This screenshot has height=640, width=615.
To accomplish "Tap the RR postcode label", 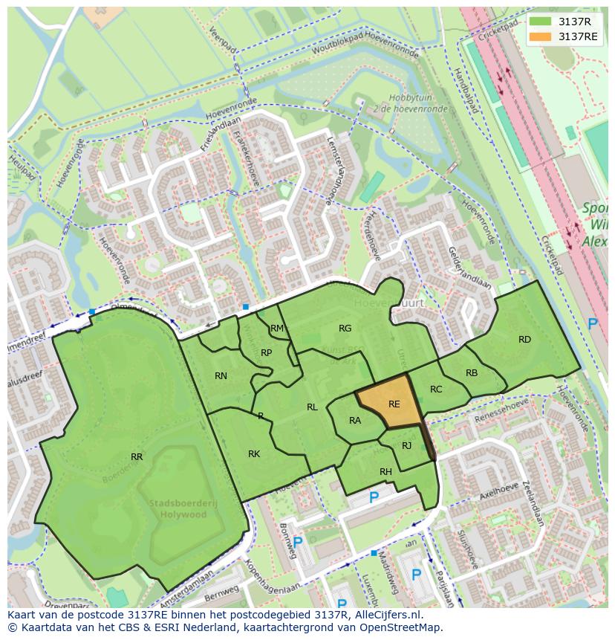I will (x=137, y=457).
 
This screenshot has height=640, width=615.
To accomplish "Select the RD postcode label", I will (x=524, y=340).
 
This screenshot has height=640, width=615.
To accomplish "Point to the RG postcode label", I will (x=345, y=328).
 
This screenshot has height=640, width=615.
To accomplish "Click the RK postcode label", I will (x=254, y=453).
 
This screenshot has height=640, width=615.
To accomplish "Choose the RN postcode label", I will (x=221, y=376).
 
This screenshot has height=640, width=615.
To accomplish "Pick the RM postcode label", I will (x=277, y=329).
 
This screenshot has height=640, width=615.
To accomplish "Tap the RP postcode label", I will (x=266, y=352).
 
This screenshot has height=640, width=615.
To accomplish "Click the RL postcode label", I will (x=312, y=407).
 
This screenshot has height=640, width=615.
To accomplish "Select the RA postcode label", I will (x=355, y=421).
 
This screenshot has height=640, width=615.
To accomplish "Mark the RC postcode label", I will (x=436, y=389).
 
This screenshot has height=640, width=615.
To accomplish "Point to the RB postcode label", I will (x=472, y=373).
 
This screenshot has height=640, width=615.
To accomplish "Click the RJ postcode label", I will (x=406, y=446).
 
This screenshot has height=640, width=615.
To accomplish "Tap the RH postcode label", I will (x=385, y=472).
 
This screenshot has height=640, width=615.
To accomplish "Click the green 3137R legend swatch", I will (x=540, y=22).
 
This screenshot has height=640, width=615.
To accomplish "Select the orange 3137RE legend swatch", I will (x=540, y=36).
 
